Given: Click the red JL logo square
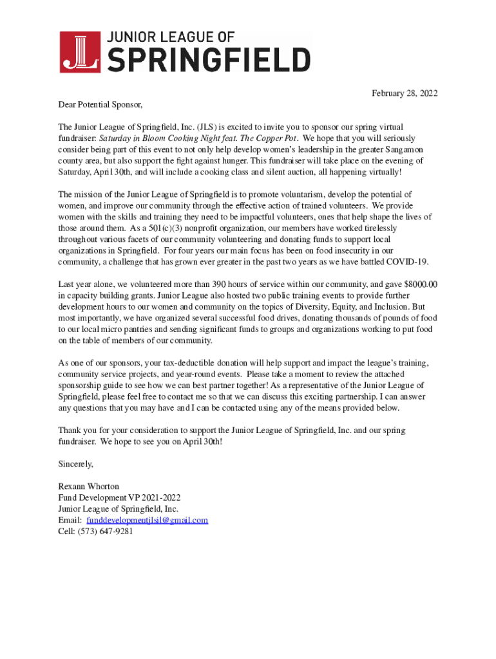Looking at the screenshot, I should (x=80, y=52).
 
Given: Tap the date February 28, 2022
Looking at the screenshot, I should (x=404, y=93).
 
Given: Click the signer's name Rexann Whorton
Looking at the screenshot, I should (x=88, y=487).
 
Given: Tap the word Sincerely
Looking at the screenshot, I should (x=75, y=464).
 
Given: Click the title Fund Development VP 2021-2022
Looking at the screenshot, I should (x=113, y=497).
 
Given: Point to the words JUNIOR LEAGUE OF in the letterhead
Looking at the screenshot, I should (x=169, y=37).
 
